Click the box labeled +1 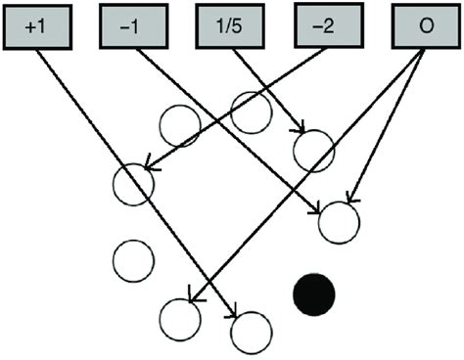(x=38, y=26)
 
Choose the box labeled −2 (x=324, y=26)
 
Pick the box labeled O (x=425, y=26)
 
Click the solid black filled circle (x=314, y=292)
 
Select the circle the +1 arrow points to (x=249, y=331)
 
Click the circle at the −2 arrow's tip (x=134, y=183)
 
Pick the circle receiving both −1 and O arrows (x=340, y=221)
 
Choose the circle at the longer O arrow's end (x=180, y=317)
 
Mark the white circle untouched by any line (x=133, y=259)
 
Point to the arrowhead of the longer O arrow (x=190, y=296)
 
